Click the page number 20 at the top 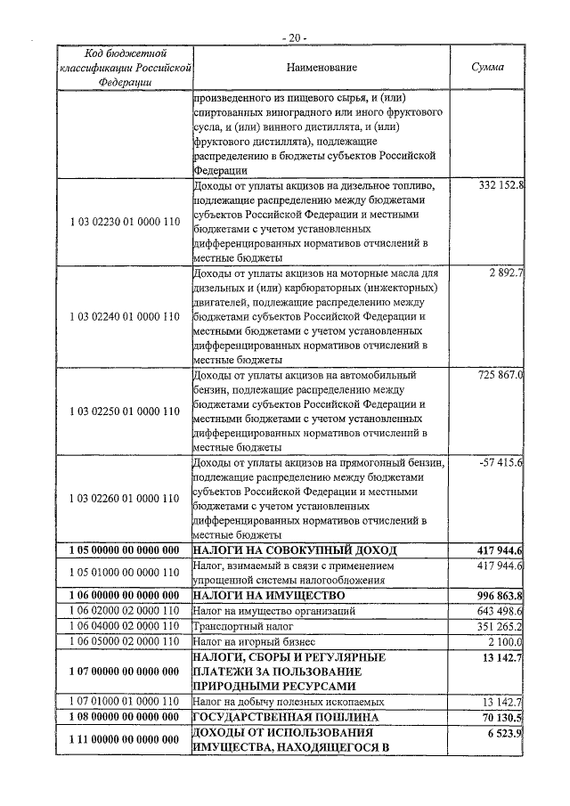[x=292, y=38]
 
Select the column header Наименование [x=322, y=68]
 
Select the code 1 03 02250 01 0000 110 [x=124, y=411]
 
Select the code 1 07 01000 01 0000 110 [x=124, y=702]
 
